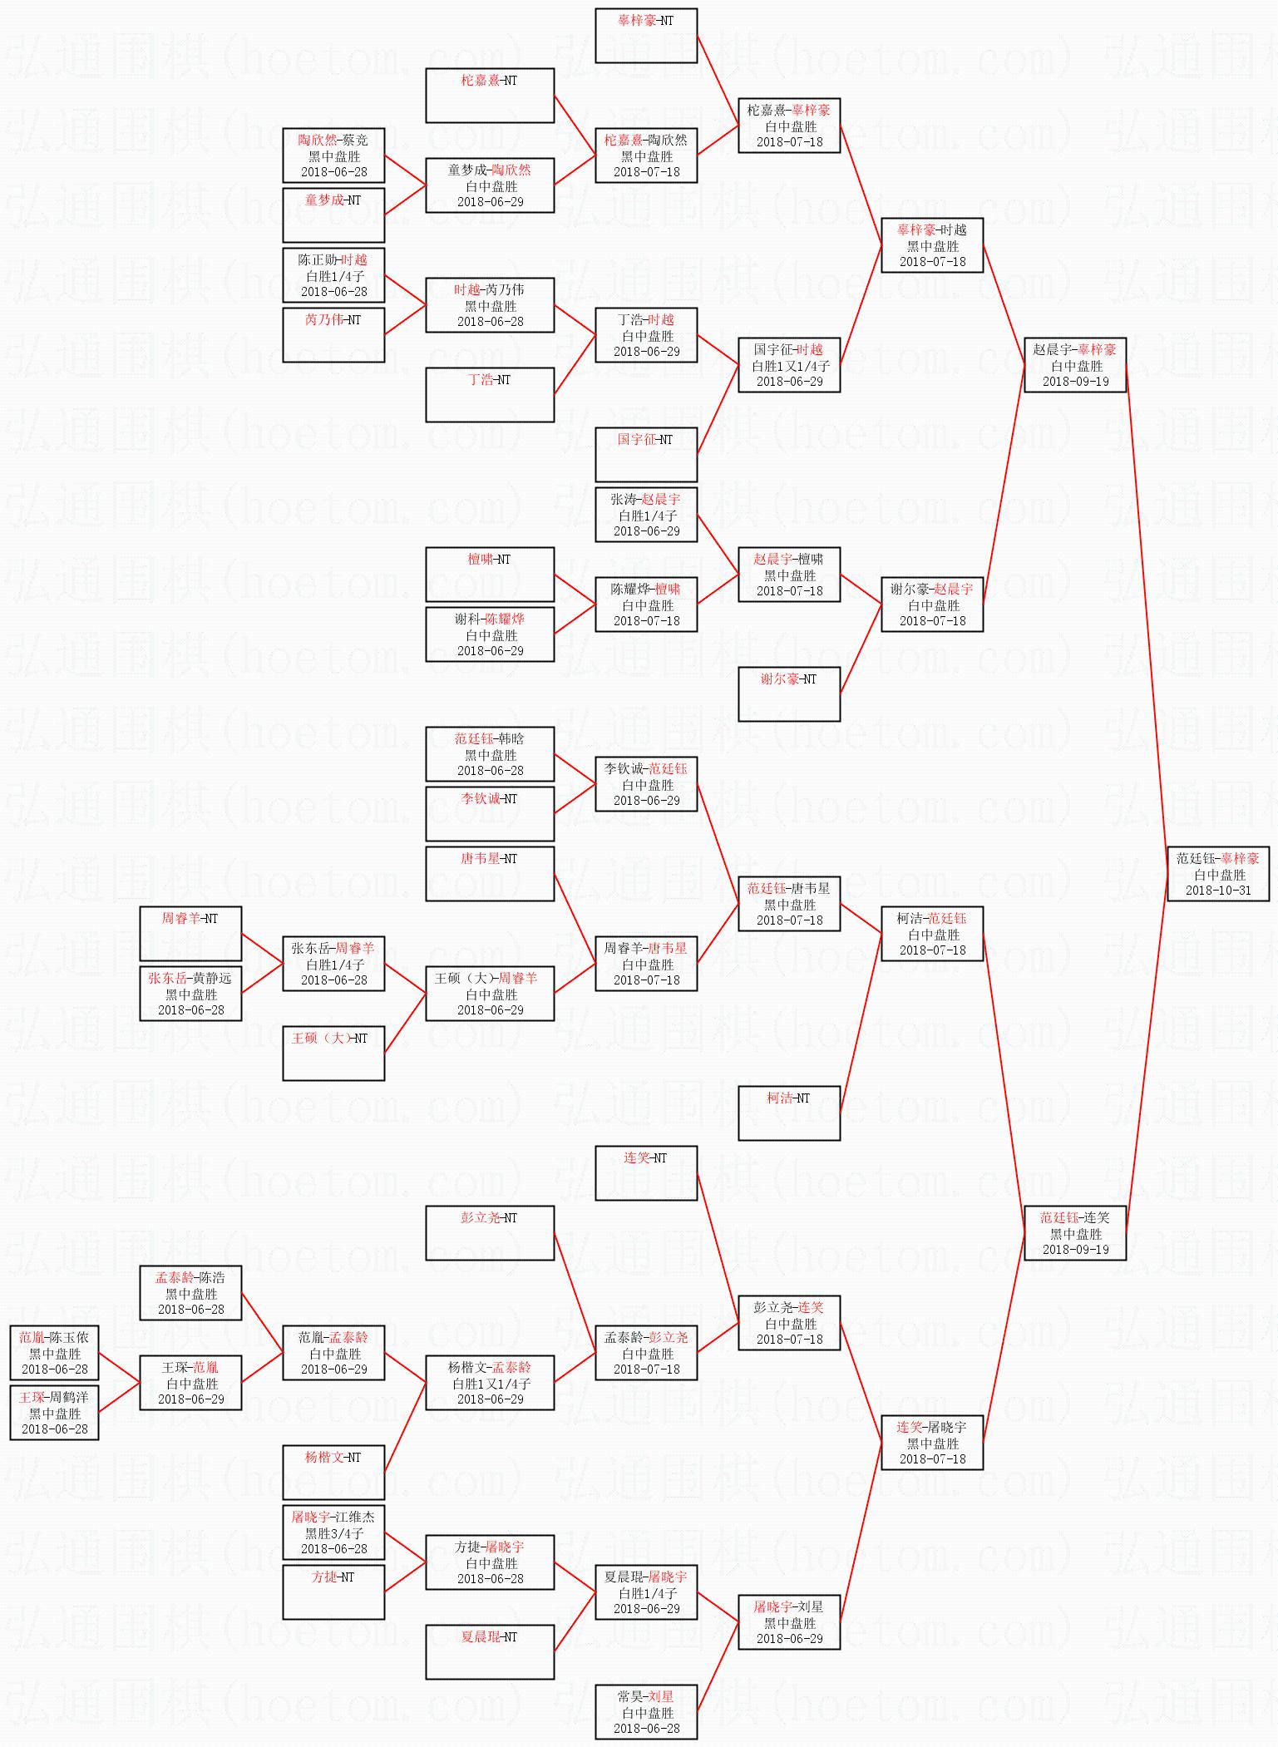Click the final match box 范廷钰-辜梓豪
tap(1218, 873)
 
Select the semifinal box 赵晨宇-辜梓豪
tap(1075, 365)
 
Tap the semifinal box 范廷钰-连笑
tap(1075, 1233)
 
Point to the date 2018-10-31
tap(1218, 890)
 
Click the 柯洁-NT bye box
tap(789, 1113)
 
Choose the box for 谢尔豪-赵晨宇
tap(932, 605)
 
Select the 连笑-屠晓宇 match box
tap(932, 1443)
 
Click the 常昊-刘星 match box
tap(646, 1712)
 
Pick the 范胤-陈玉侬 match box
tap(54, 1353)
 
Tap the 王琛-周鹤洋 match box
tap(54, 1413)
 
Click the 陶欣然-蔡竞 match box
tap(333, 155)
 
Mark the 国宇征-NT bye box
tap(646, 454)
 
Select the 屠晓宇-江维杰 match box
tap(333, 1532)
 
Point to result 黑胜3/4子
tap(333, 1533)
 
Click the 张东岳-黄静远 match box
tap(190, 994)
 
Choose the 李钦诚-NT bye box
tap(490, 813)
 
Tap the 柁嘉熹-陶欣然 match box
tap(646, 155)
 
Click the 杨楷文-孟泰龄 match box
tap(490, 1383)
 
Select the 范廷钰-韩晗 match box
tap(490, 754)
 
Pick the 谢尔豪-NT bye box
tap(789, 693)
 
